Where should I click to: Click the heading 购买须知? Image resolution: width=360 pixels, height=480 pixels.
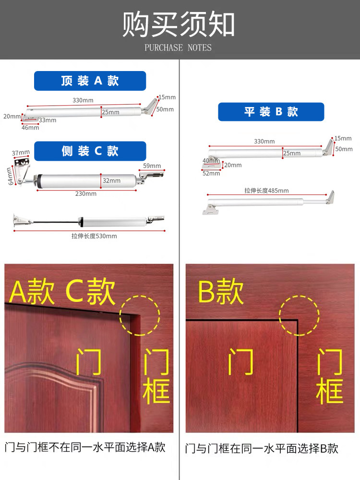(179, 24)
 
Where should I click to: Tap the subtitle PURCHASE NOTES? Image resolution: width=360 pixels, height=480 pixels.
(178, 48)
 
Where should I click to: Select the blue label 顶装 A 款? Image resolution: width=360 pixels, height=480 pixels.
(90, 81)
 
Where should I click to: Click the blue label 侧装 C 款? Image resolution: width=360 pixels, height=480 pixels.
(90, 151)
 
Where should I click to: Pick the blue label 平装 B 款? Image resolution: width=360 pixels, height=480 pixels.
(271, 112)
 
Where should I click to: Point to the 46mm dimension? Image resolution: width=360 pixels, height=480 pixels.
(30, 128)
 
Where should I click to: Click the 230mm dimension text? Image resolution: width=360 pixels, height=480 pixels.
(86, 193)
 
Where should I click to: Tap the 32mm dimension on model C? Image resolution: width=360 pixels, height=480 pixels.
(112, 180)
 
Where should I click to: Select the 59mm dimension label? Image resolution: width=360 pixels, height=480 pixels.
(152, 166)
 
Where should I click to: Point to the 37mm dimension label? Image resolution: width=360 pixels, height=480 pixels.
(21, 153)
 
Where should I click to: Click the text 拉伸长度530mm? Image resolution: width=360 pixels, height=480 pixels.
(94, 236)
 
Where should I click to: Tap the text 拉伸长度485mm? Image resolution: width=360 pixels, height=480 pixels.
(266, 191)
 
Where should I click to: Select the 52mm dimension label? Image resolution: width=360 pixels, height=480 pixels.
(211, 173)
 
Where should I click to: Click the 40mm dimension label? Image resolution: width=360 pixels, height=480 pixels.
(211, 160)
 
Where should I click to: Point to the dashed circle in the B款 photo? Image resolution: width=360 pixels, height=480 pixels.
(300, 315)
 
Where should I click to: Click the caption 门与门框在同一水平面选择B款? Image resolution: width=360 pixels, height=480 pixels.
(262, 449)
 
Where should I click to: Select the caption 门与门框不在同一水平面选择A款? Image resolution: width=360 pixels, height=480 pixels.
(85, 447)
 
